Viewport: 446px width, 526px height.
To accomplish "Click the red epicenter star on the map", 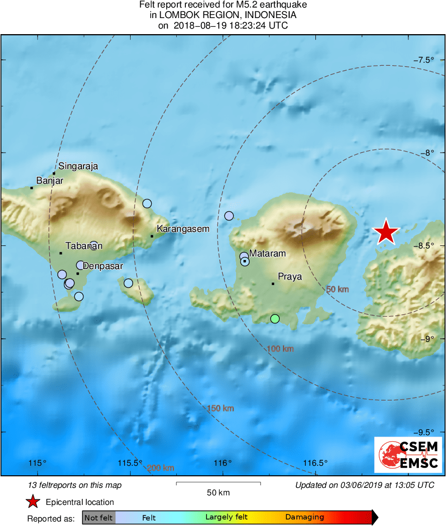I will (x=386, y=232).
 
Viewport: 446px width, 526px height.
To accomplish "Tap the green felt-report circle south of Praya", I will (x=275, y=319).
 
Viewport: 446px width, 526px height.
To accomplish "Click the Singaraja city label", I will (x=78, y=166).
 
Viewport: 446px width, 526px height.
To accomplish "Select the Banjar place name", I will (x=50, y=181).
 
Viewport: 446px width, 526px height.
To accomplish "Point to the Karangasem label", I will (x=183, y=229).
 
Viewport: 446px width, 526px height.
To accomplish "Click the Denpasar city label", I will (x=102, y=266).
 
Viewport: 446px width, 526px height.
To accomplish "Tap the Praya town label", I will (x=290, y=277).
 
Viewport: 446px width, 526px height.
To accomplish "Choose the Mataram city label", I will (x=267, y=253).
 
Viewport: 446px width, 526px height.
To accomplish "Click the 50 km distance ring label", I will (x=337, y=290).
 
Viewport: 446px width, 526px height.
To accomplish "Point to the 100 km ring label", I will (x=280, y=349).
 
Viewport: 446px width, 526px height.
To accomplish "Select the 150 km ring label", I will (x=220, y=408).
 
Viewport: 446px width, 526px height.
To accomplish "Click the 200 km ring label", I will (x=161, y=468).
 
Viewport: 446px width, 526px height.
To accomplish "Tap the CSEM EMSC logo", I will (x=408, y=455).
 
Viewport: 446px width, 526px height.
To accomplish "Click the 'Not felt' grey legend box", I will (x=98, y=517).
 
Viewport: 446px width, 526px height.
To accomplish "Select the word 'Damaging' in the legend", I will (x=304, y=517).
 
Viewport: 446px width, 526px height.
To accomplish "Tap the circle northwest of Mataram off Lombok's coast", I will (x=229, y=216).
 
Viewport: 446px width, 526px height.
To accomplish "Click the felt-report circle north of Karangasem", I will (x=147, y=203).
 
